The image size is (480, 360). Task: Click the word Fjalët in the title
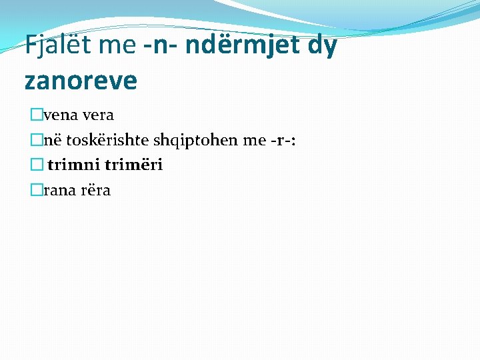point(57,47)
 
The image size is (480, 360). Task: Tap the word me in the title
point(117,47)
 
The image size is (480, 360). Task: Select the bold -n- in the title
point(161,47)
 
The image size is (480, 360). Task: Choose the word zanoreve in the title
point(81,81)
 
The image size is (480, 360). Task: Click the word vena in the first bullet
point(61,115)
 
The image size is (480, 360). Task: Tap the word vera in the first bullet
point(98,115)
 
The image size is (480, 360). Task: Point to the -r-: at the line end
point(283,141)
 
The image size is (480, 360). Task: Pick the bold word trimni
point(73,165)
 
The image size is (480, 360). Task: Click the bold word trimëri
point(133,165)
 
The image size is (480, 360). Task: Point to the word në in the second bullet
point(51,141)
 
